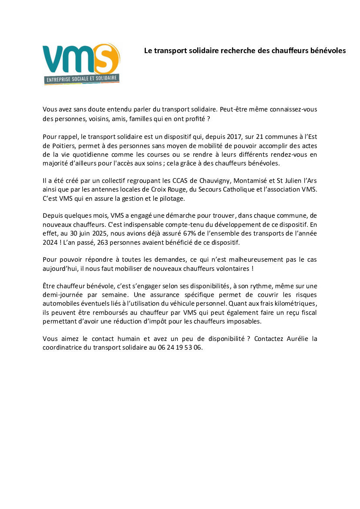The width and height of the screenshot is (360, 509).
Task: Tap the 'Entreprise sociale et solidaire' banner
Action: pyautogui.click(x=82, y=79)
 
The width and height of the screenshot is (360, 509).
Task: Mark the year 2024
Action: pyautogui.click(x=50, y=242)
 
